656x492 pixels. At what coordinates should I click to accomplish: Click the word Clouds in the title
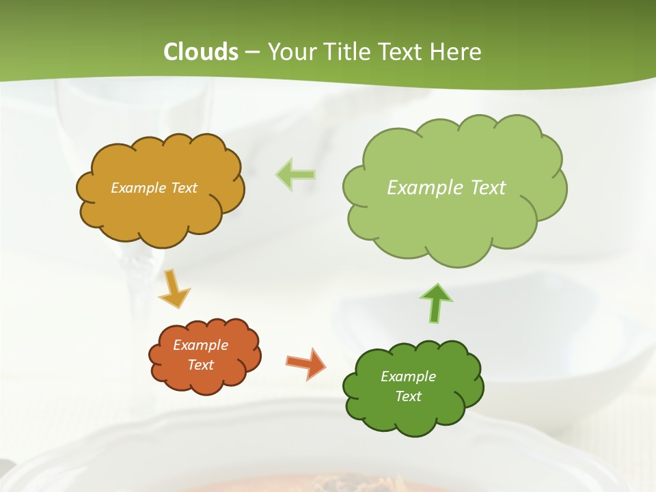click(x=201, y=52)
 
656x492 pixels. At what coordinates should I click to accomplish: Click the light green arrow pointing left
click(x=296, y=174)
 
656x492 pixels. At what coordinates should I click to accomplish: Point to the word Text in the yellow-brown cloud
click(x=184, y=187)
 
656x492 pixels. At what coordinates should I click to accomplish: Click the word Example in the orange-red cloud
click(x=201, y=345)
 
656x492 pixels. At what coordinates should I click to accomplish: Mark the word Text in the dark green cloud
click(x=408, y=396)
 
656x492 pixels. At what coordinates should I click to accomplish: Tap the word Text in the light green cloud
click(x=489, y=187)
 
